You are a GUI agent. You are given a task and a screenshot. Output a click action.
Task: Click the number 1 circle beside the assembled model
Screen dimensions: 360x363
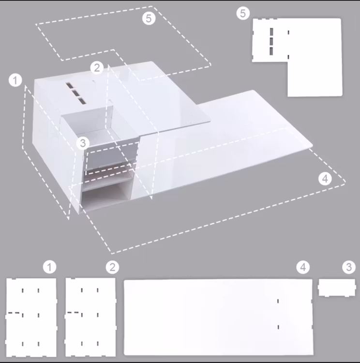point(15,80)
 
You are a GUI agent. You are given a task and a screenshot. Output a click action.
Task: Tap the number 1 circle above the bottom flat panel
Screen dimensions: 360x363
point(49,267)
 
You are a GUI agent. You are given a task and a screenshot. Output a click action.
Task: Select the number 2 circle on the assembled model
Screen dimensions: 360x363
point(97,68)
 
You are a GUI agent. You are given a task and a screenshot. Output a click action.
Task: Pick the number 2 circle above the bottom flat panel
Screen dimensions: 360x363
point(113,267)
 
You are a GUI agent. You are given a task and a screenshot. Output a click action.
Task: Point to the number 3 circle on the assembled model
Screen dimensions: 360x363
point(83,143)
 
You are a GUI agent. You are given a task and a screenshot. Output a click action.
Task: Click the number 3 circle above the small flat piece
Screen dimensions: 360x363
point(349,267)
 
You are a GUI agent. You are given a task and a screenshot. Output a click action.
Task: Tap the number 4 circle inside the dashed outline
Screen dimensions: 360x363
point(325,179)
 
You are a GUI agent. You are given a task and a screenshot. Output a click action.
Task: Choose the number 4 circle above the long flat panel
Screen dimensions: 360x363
point(303,267)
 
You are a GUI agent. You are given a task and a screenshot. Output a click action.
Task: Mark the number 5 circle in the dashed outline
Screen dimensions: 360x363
point(149,18)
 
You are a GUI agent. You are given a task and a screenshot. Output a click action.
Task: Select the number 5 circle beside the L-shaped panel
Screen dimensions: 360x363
point(243,13)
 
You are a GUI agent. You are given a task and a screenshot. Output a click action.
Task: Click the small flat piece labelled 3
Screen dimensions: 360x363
point(337,288)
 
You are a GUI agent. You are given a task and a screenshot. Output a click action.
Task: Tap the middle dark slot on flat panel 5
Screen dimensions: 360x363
point(271,42)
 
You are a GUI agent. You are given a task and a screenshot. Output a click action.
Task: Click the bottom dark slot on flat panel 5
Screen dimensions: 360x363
point(271,51)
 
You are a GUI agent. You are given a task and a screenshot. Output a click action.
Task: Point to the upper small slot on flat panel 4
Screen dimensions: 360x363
point(278,301)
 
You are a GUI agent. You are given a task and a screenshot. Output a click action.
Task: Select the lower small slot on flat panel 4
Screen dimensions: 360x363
point(278,327)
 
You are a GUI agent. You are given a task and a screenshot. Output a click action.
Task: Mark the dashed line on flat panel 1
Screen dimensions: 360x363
point(14,313)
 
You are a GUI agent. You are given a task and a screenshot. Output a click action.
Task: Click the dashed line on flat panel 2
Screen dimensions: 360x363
point(73,313)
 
